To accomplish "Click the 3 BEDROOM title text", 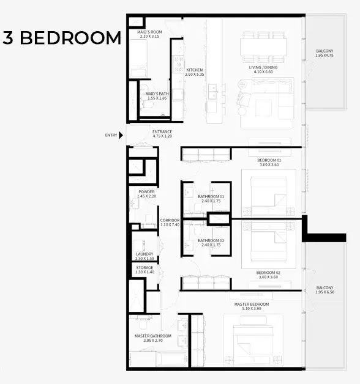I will (61, 38).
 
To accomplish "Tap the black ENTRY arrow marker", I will (121, 135).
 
